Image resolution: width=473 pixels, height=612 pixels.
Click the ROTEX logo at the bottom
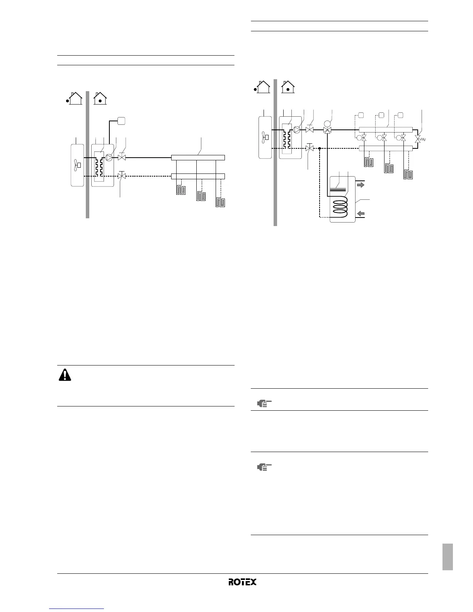click(x=242, y=582)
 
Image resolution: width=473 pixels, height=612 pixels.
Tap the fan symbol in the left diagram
click(x=77, y=166)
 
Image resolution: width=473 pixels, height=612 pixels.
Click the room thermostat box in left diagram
click(x=121, y=121)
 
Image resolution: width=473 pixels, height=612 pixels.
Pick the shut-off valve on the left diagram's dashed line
click(x=122, y=176)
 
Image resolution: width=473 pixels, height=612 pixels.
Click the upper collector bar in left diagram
click(x=198, y=158)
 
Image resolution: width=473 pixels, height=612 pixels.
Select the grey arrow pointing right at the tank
click(x=360, y=185)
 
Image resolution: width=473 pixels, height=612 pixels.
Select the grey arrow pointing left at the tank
click(x=360, y=213)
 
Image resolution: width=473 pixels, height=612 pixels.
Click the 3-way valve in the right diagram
click(x=327, y=130)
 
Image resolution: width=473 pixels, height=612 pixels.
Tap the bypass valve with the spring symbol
click(x=418, y=138)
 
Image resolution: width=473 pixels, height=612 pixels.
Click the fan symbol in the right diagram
click(x=264, y=136)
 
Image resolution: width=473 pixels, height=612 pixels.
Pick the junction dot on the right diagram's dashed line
click(x=320, y=148)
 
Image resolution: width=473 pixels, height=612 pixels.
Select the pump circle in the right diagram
click(x=297, y=130)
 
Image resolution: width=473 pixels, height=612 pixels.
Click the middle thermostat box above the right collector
click(x=381, y=115)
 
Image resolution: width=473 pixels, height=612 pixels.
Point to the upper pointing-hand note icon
click(x=264, y=404)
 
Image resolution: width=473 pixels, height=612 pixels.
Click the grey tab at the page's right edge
click(x=447, y=557)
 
